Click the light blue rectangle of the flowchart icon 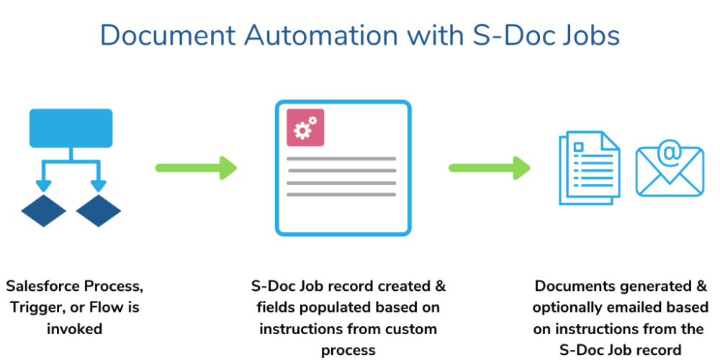click(71, 128)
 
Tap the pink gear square click(305, 127)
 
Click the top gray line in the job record click(341, 158)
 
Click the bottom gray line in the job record click(341, 194)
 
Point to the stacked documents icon click(589, 168)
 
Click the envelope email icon click(669, 171)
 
